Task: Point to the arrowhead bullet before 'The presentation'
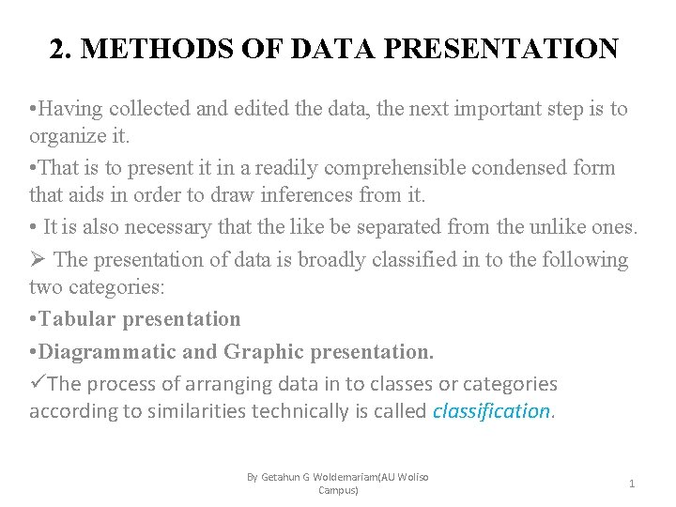pos(38,258)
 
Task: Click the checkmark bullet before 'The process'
pos(37,383)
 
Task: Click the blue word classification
pos(492,411)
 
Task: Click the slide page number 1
pos(632,483)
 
